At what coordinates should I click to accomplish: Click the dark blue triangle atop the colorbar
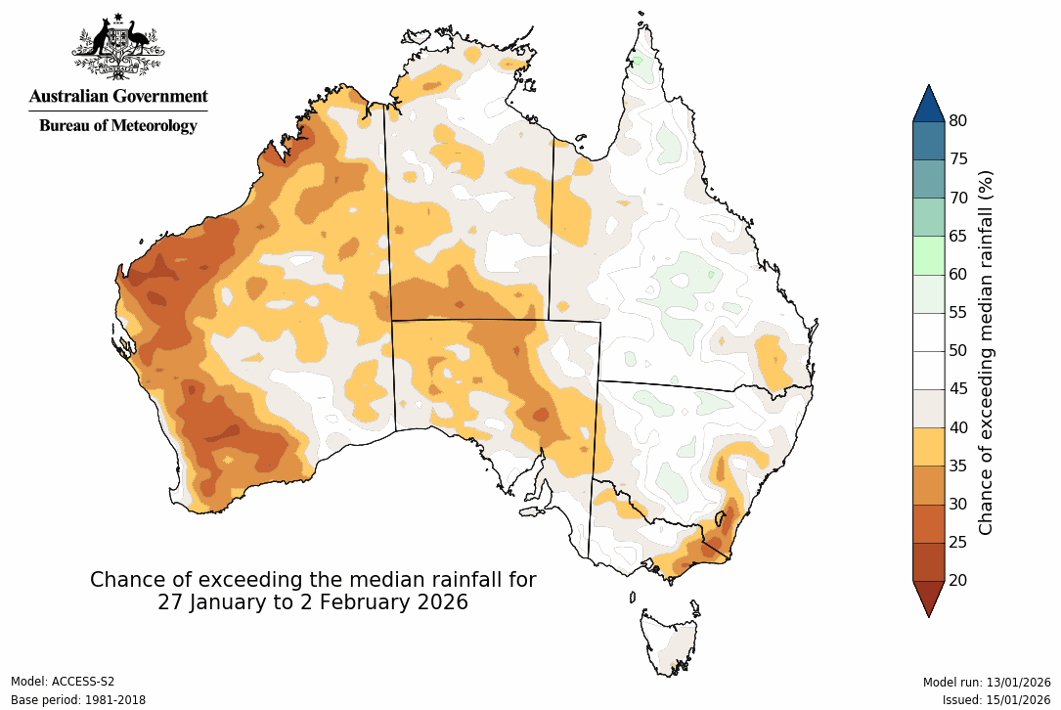pos(928,104)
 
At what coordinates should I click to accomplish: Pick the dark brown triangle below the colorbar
pos(928,598)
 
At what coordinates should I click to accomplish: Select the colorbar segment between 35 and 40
pos(928,447)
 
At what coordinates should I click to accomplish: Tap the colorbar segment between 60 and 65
pos(928,255)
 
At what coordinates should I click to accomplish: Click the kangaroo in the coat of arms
pos(98,41)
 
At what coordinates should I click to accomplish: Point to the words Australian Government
pos(118,96)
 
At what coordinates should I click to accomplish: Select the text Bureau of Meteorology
pos(118,125)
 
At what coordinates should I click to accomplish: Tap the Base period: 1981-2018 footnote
pos(77,700)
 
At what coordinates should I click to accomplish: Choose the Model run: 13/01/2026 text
pos(986,682)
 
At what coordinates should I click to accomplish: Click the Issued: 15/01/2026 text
pos(995,700)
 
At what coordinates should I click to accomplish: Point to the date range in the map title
pos(313,602)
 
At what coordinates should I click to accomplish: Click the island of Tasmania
pos(671,641)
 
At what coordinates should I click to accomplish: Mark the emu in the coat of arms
pos(139,41)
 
